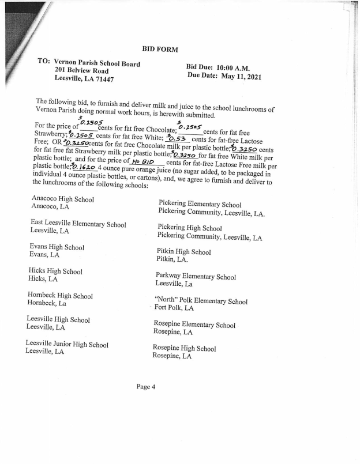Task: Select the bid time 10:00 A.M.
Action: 231,67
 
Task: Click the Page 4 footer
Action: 146,387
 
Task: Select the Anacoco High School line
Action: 63,199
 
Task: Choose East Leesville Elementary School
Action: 78,224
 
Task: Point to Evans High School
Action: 57,247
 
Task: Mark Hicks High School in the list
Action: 55,271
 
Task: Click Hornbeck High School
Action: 59,296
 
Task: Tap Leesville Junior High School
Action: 67,344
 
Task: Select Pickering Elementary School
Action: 200,205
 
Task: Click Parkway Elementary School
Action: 196,277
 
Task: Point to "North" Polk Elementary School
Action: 201,301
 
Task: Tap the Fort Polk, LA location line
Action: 174,308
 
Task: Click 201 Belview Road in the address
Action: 81,71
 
